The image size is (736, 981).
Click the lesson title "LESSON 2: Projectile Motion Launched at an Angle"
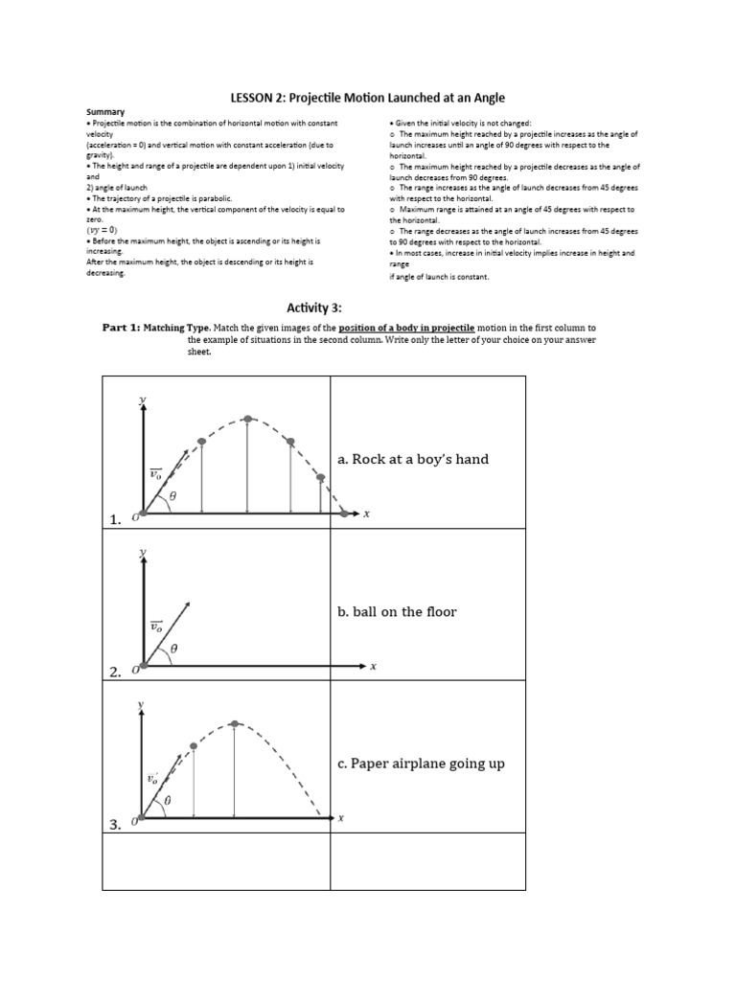pyautogui.click(x=367, y=98)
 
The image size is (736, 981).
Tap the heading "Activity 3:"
pyautogui.click(x=313, y=307)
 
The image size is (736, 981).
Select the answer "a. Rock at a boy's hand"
pyautogui.click(x=412, y=459)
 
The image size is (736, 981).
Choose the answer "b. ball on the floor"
pyautogui.click(x=397, y=611)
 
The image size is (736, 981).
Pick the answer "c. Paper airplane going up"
pyautogui.click(x=420, y=764)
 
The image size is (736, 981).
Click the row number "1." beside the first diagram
pyautogui.click(x=116, y=519)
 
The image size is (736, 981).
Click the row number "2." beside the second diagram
pyautogui.click(x=116, y=673)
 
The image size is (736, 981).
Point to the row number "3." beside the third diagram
pyautogui.click(x=116, y=825)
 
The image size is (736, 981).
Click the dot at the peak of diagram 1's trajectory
pyautogui.click(x=248, y=419)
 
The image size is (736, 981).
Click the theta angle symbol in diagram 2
pyautogui.click(x=173, y=649)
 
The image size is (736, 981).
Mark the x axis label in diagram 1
pyautogui.click(x=366, y=514)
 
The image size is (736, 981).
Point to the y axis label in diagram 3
pyautogui.click(x=142, y=704)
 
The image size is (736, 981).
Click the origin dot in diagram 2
pyautogui.click(x=144, y=665)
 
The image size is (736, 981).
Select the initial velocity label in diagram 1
pyautogui.click(x=155, y=473)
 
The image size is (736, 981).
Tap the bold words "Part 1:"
pyautogui.click(x=122, y=328)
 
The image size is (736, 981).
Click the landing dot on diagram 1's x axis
pyautogui.click(x=345, y=513)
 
